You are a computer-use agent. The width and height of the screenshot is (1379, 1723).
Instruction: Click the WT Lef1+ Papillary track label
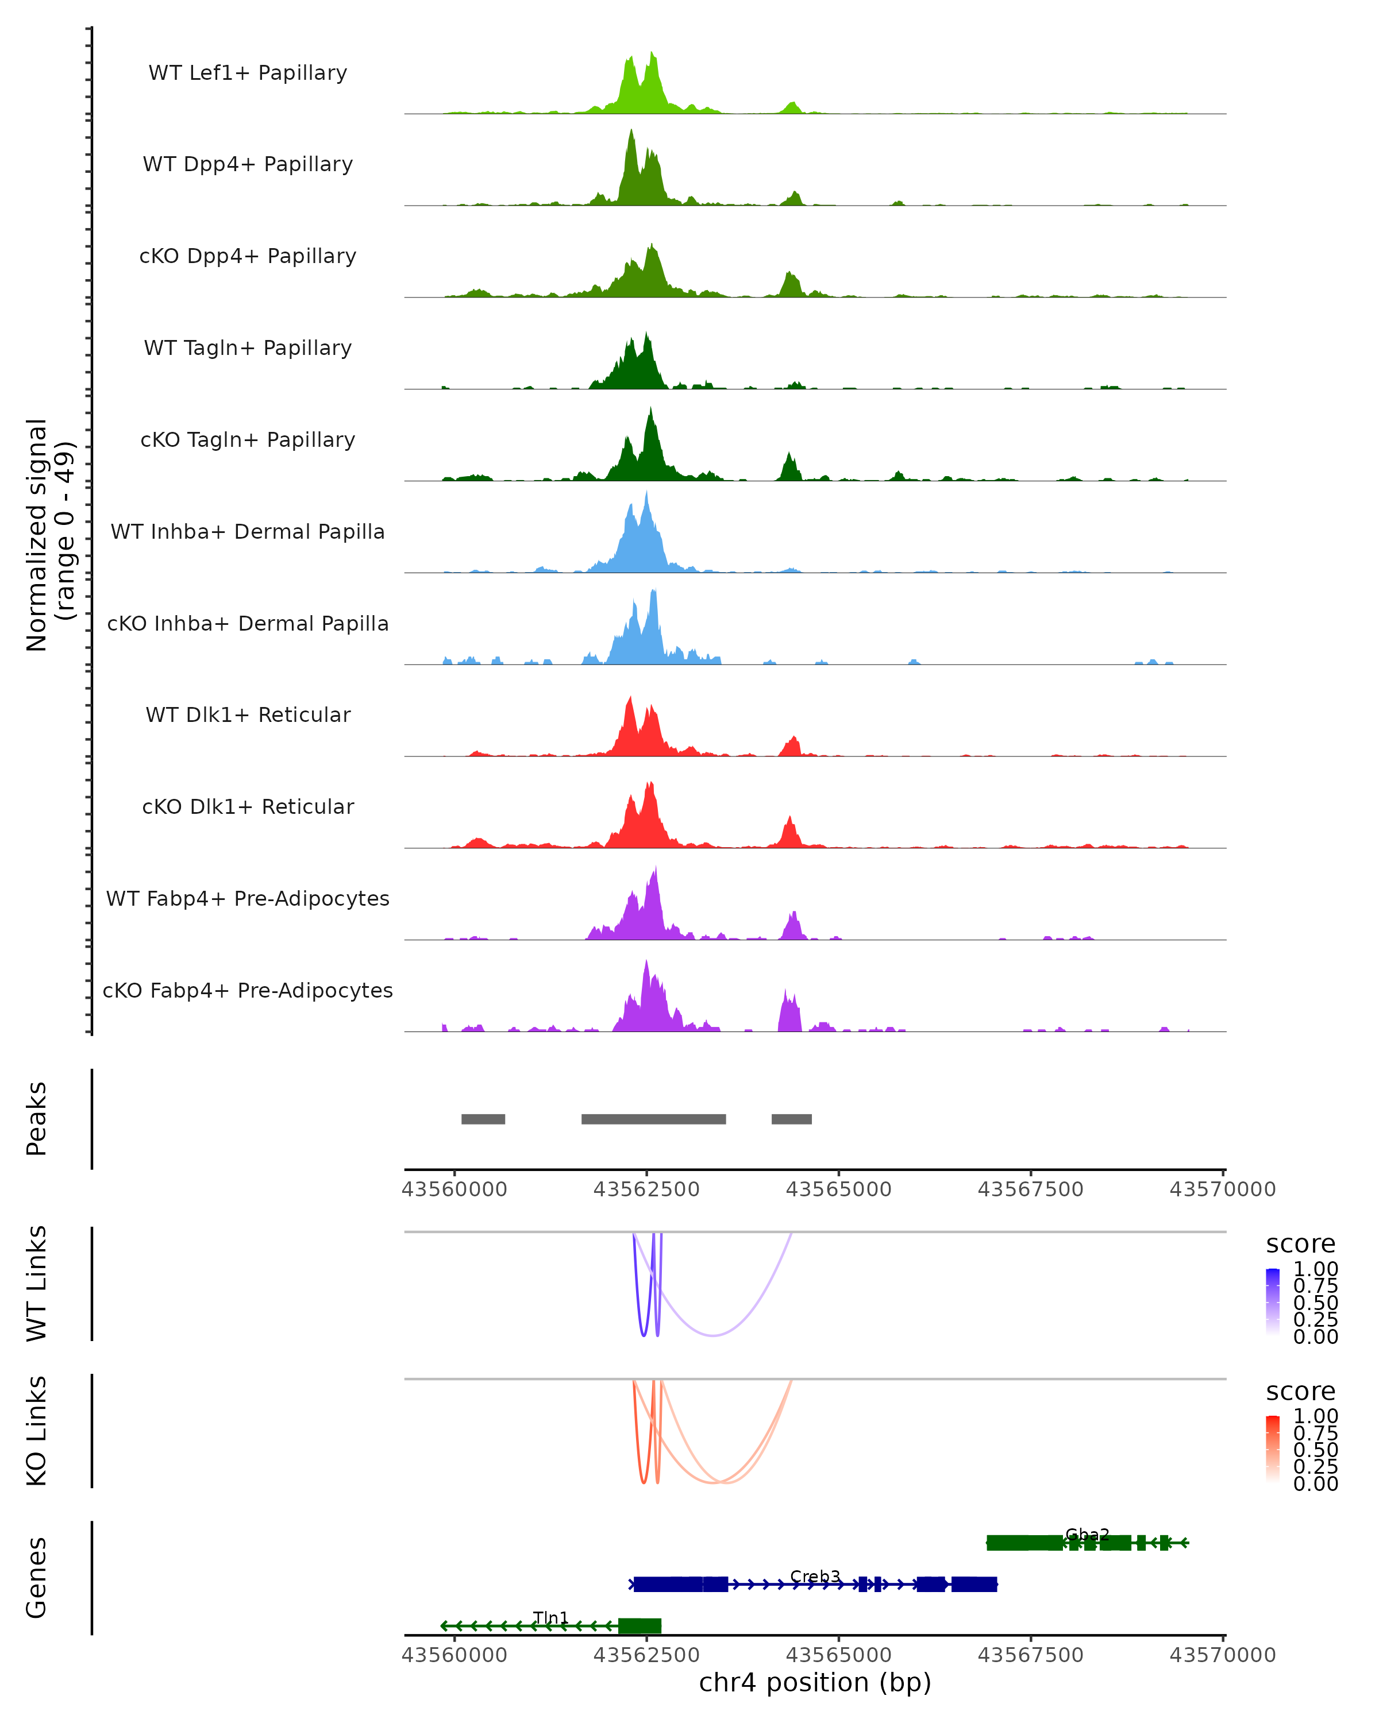click(x=248, y=73)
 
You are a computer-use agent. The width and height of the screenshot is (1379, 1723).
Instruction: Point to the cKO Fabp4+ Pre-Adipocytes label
click(x=248, y=990)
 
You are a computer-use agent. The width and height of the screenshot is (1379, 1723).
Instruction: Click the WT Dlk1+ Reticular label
click(x=248, y=714)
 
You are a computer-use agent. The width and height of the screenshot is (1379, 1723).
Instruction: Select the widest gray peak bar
click(x=653, y=1119)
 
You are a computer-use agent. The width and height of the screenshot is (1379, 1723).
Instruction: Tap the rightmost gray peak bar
click(x=791, y=1119)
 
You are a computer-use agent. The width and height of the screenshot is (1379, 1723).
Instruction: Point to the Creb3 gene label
click(x=815, y=1577)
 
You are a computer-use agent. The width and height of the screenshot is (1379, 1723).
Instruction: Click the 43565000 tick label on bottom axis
click(x=838, y=1655)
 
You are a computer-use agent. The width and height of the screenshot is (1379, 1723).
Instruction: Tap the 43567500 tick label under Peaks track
click(x=1030, y=1189)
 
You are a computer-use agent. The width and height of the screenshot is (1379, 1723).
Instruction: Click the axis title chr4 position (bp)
click(x=815, y=1683)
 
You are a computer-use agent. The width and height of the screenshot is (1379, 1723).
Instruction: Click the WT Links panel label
click(x=37, y=1284)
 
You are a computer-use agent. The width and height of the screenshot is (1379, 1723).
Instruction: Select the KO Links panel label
click(x=37, y=1431)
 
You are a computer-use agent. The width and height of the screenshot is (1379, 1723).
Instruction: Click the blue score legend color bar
click(x=1273, y=1302)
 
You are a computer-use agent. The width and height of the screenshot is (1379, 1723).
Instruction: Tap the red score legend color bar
click(x=1273, y=1449)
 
